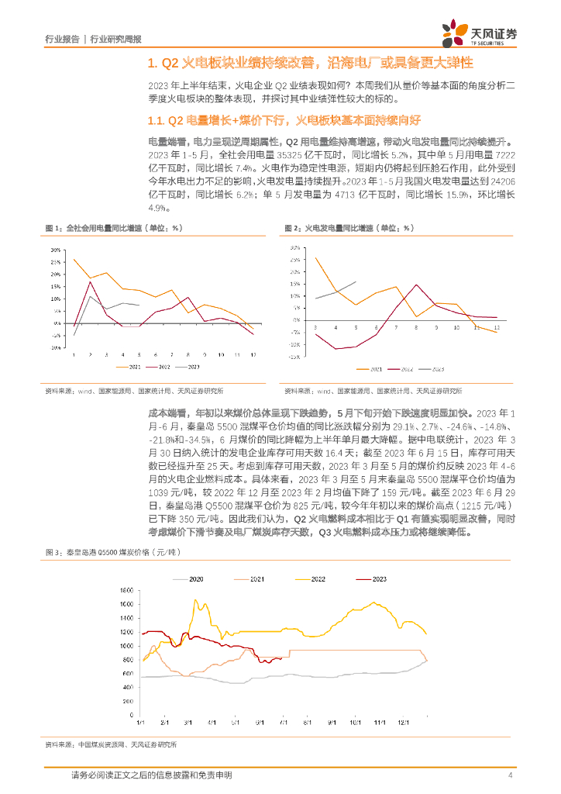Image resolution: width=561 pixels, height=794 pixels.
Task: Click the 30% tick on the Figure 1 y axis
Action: (56, 251)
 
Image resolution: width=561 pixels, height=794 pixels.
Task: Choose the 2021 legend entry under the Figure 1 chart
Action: (129, 366)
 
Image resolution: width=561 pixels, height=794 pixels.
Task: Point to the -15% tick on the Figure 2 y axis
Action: (295, 357)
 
